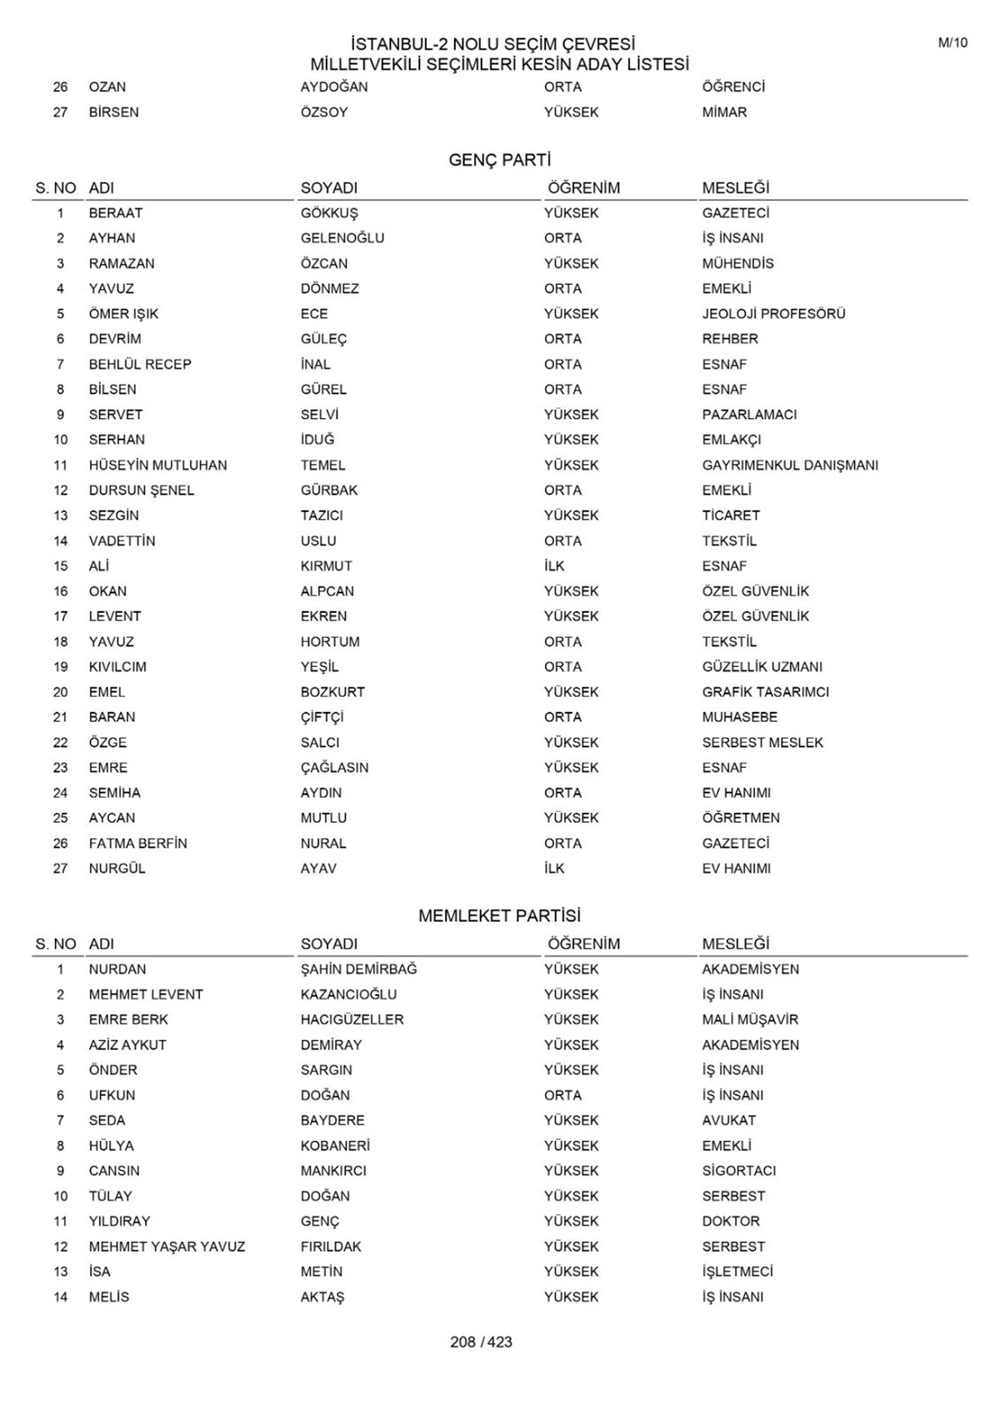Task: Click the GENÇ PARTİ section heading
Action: pos(499,160)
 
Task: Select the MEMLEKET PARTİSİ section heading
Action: pos(499,916)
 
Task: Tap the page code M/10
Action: pos(952,43)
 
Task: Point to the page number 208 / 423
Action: pos(481,1342)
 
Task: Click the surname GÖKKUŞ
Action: pos(329,213)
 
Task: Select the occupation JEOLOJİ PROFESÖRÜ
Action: pos(773,314)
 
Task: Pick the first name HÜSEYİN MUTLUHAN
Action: pos(157,466)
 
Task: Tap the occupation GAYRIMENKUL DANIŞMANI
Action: pos(790,466)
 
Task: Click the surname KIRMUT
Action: pos(326,566)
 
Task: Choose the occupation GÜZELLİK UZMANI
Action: pos(762,667)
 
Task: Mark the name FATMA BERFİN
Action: pos(137,844)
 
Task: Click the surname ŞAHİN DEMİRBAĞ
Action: pos(358,969)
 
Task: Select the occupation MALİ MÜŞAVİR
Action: pos(750,1019)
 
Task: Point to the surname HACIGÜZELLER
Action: pos(352,1019)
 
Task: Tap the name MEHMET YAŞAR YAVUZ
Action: pos(167,1247)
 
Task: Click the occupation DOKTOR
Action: pos(731,1221)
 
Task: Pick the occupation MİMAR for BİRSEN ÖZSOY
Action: pos(724,112)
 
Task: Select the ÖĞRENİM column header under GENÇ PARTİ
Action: pos(583,188)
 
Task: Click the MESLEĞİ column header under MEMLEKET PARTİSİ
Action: pos(735,944)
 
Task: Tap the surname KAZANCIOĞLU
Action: pos(348,994)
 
